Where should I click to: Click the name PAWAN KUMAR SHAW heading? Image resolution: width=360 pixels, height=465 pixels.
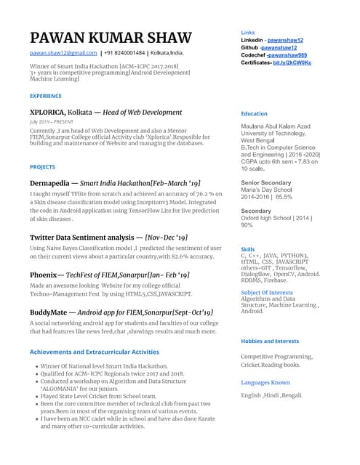coord(111,38)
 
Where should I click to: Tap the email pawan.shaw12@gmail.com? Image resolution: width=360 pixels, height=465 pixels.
coord(63,54)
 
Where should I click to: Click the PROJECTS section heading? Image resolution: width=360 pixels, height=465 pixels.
coord(43,167)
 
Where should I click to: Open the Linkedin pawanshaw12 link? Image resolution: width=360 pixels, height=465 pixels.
coord(285,41)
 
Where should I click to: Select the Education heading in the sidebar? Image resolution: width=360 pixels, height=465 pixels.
coord(254,114)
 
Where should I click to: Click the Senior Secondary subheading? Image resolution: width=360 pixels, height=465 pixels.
coord(265,182)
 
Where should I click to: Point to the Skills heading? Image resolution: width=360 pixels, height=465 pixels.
coord(248,249)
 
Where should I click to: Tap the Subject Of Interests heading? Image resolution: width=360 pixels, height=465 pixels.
coord(267,292)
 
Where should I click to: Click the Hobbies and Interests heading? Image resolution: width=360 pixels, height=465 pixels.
coord(270,341)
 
